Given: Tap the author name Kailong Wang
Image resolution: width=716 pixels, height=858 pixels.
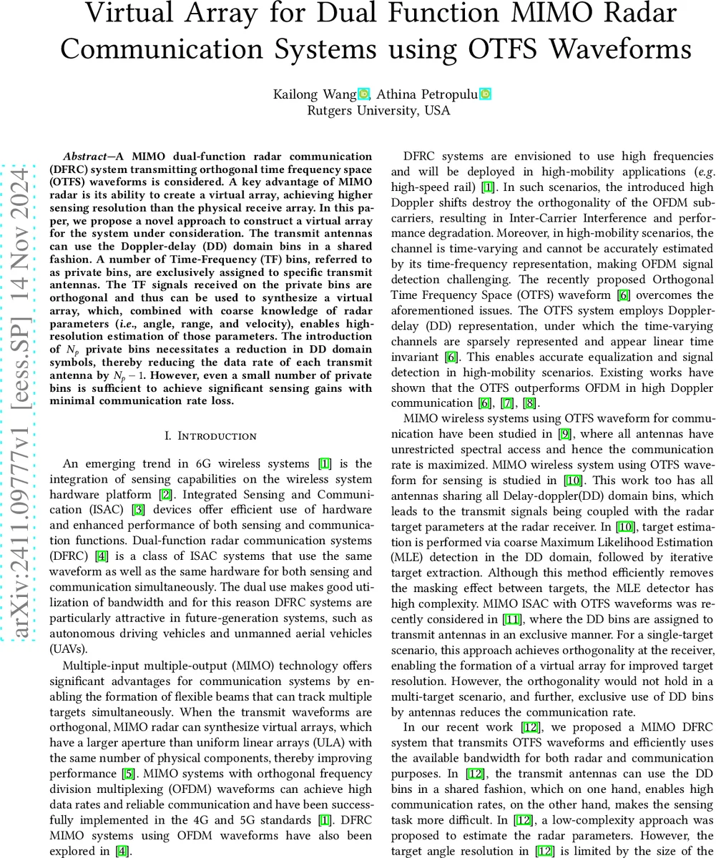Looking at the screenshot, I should [314, 94].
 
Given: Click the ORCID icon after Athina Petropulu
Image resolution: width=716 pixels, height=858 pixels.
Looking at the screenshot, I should [486, 94].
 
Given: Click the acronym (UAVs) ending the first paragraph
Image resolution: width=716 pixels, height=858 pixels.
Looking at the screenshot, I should [70, 650].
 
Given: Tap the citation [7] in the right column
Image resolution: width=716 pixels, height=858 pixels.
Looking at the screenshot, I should [506, 403].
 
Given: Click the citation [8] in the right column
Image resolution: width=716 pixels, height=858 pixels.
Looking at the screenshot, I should [530, 403].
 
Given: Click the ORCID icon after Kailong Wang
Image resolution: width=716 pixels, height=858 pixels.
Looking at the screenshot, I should [363, 94].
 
